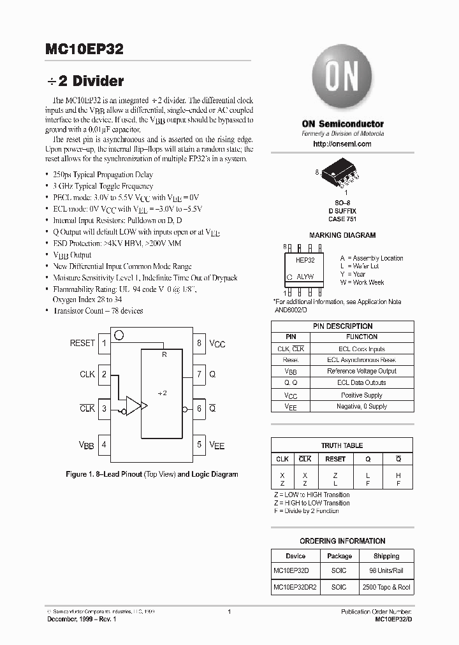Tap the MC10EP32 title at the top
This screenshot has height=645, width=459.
pyautogui.click(x=85, y=49)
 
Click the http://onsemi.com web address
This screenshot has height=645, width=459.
pyautogui.click(x=342, y=144)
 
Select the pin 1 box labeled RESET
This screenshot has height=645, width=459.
pyautogui.click(x=103, y=344)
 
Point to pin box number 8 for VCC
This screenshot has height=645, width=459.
pyautogui.click(x=200, y=344)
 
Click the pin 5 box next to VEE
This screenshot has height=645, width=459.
pyautogui.click(x=200, y=445)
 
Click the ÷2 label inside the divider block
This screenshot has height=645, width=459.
pyautogui.click(x=162, y=393)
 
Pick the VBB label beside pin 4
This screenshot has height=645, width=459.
pyautogui.click(x=86, y=446)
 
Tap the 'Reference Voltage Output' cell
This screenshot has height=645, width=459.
pyautogui.click(x=361, y=371)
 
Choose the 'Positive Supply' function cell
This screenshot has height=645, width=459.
pyautogui.click(x=361, y=395)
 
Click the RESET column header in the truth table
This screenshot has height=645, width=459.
pyautogui.click(x=335, y=459)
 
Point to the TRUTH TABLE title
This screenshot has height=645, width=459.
pyautogui.click(x=342, y=446)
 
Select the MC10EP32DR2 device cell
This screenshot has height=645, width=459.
pyautogui.click(x=296, y=587)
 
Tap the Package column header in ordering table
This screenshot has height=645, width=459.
pyautogui.click(x=339, y=556)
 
